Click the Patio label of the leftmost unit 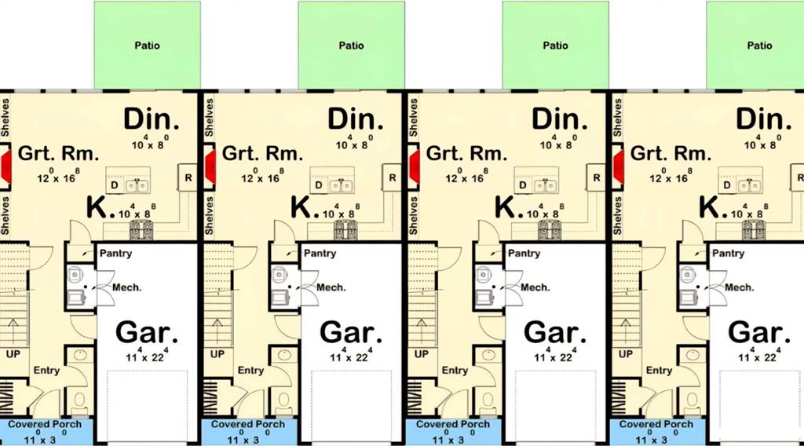[147, 46]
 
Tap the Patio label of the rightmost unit [759, 46]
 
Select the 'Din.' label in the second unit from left [356, 119]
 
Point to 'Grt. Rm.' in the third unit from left [466, 153]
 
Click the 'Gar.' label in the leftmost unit [147, 333]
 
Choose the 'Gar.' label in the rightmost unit [759, 333]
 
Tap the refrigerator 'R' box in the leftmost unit [188, 178]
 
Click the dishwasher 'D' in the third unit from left [523, 185]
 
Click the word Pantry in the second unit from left [320, 254]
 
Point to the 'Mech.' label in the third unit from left [535, 287]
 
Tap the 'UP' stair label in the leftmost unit [13, 354]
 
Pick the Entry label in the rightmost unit [659, 370]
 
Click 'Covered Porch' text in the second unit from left [248, 425]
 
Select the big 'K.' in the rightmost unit [713, 207]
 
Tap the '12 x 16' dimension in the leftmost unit [58, 176]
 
